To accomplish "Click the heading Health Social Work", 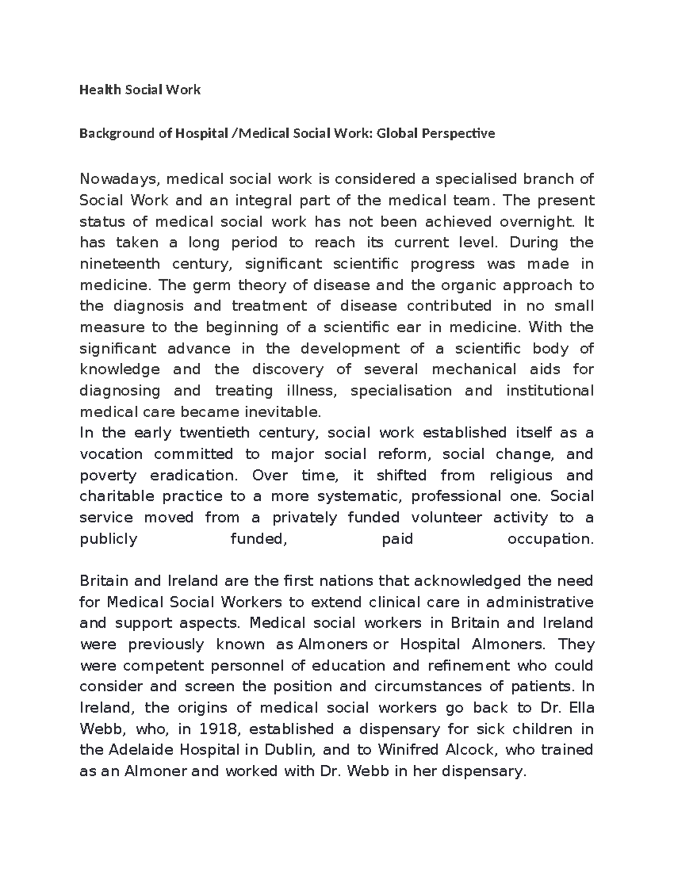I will tap(140, 90).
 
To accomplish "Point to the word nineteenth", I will tap(120, 264).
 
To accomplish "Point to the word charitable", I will tap(117, 496).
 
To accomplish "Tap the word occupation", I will tap(550, 539).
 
